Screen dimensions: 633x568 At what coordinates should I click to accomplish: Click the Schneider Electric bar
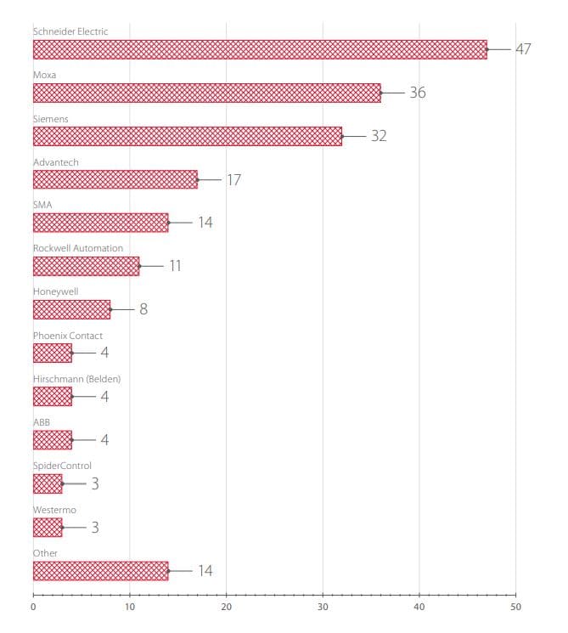(260, 49)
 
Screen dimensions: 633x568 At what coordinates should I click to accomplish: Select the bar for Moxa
(206, 93)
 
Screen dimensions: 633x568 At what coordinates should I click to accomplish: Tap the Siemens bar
(188, 136)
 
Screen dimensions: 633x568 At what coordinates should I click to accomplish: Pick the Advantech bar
(115, 179)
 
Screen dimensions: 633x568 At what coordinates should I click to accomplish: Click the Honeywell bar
(71, 309)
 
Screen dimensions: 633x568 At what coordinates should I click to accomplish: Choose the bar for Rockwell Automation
(86, 266)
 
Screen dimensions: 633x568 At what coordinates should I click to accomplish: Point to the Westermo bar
(48, 527)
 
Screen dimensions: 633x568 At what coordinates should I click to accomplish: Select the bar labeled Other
(100, 570)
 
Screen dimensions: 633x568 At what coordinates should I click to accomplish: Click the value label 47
(523, 49)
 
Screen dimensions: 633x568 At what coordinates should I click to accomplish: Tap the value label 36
(417, 93)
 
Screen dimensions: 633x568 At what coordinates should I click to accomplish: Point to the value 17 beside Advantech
(233, 180)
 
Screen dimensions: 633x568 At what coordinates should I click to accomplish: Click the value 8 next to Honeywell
(143, 309)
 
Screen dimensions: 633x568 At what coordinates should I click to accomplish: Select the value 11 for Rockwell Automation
(175, 266)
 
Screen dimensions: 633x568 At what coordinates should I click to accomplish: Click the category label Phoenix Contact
(68, 336)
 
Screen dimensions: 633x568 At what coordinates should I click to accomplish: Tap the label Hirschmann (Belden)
(82, 379)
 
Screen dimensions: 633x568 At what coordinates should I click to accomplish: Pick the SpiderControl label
(62, 466)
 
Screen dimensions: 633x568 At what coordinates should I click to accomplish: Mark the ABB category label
(42, 422)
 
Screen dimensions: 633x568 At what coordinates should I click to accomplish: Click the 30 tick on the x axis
(323, 607)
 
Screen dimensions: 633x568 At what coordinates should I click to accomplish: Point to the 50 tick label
(515, 607)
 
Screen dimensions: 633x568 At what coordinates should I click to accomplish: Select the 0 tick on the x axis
(33, 607)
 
